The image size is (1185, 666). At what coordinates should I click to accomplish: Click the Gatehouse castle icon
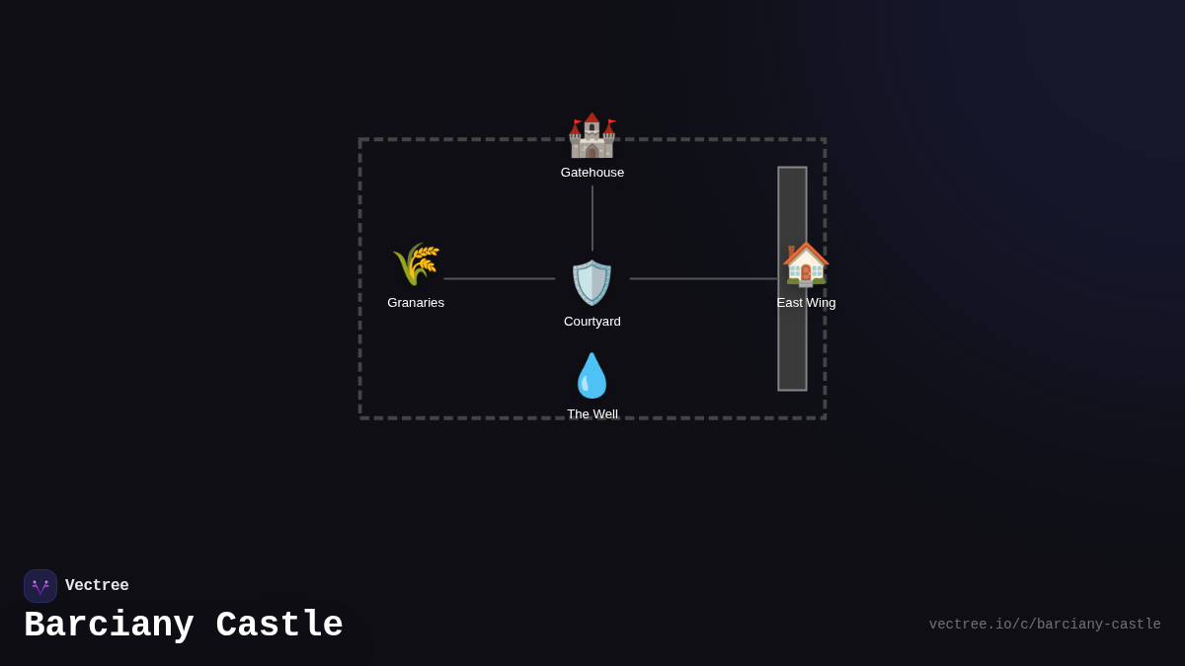[x=592, y=137]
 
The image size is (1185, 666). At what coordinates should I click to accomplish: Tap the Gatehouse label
[x=592, y=173]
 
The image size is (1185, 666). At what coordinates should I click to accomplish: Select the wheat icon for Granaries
[x=416, y=264]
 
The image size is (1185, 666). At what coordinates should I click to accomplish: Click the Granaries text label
[x=416, y=303]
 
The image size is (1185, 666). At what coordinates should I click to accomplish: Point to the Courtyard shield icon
[x=592, y=283]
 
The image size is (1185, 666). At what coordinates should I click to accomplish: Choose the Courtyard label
[x=592, y=322]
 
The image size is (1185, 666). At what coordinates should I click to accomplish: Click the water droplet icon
[x=592, y=376]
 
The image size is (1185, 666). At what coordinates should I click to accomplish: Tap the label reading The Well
[x=592, y=414]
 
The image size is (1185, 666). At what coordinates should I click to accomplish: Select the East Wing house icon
[x=806, y=264]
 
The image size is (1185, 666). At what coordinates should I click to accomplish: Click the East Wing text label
[x=806, y=303]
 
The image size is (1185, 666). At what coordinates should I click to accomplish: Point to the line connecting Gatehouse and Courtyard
[x=592, y=218]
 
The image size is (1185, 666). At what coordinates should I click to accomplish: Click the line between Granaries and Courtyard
[x=499, y=279]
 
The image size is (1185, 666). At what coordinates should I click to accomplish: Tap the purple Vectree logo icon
[x=40, y=586]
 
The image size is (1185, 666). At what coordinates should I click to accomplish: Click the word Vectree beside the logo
[x=97, y=586]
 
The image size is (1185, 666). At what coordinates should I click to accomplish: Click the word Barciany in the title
[x=109, y=626]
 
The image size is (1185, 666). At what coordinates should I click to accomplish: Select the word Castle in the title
[x=279, y=626]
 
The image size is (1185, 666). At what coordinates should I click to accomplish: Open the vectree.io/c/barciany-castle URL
[x=1045, y=625]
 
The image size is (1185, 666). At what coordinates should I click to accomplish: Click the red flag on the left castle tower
[x=578, y=122]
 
